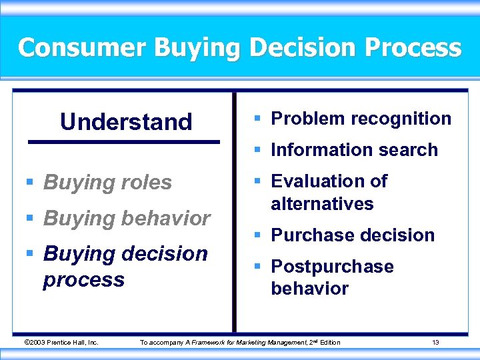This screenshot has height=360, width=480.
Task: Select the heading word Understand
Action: [126, 122]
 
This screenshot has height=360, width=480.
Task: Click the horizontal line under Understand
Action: [123, 142]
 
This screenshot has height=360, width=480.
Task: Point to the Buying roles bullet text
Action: [107, 182]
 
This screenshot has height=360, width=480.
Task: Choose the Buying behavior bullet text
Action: [127, 218]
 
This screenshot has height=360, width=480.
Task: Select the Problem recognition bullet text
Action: [361, 119]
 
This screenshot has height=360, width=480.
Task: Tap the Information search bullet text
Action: [354, 150]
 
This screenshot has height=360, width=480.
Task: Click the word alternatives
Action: [322, 203]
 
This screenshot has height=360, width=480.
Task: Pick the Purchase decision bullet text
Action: [352, 235]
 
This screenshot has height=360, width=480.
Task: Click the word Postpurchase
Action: [332, 267]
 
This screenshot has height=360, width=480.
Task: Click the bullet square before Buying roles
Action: [29, 183]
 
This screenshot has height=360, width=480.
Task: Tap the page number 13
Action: [435, 343]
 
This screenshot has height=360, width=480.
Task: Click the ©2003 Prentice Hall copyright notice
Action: [61, 343]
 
